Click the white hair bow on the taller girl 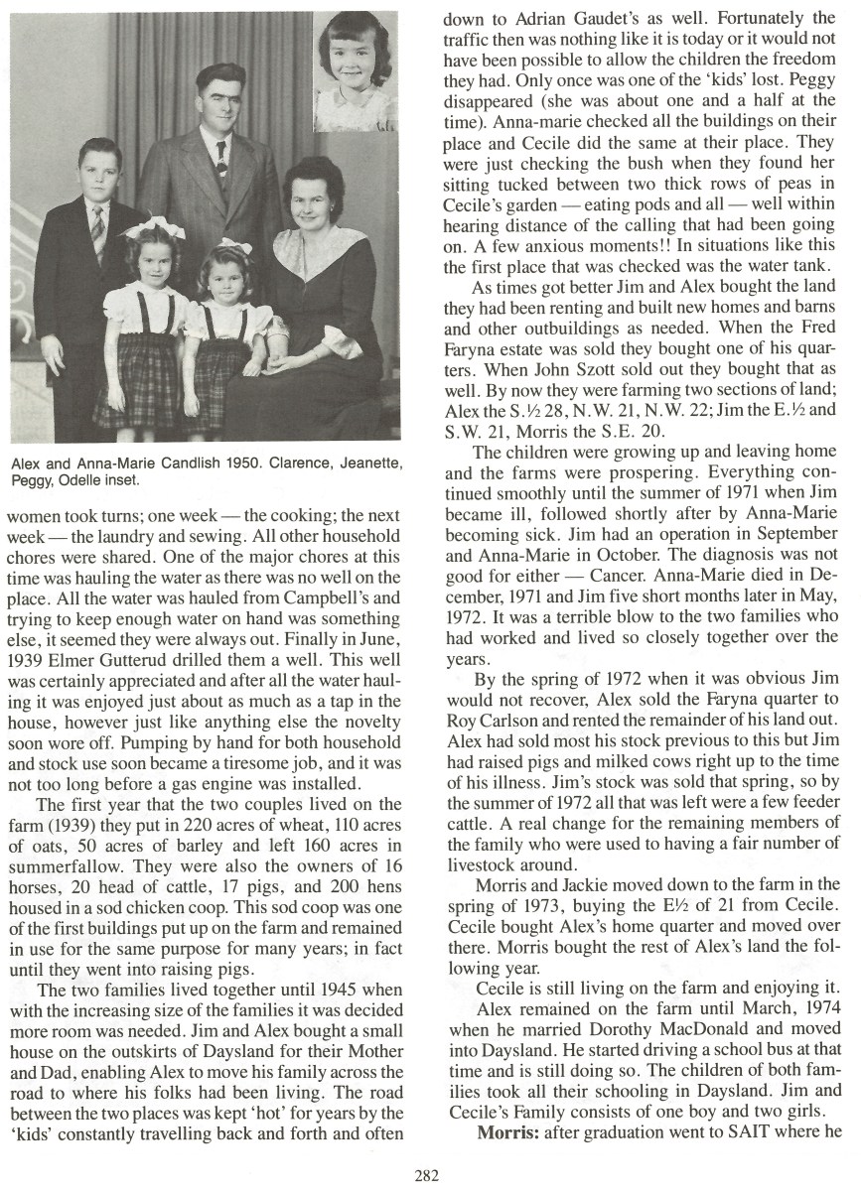pos(153,232)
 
